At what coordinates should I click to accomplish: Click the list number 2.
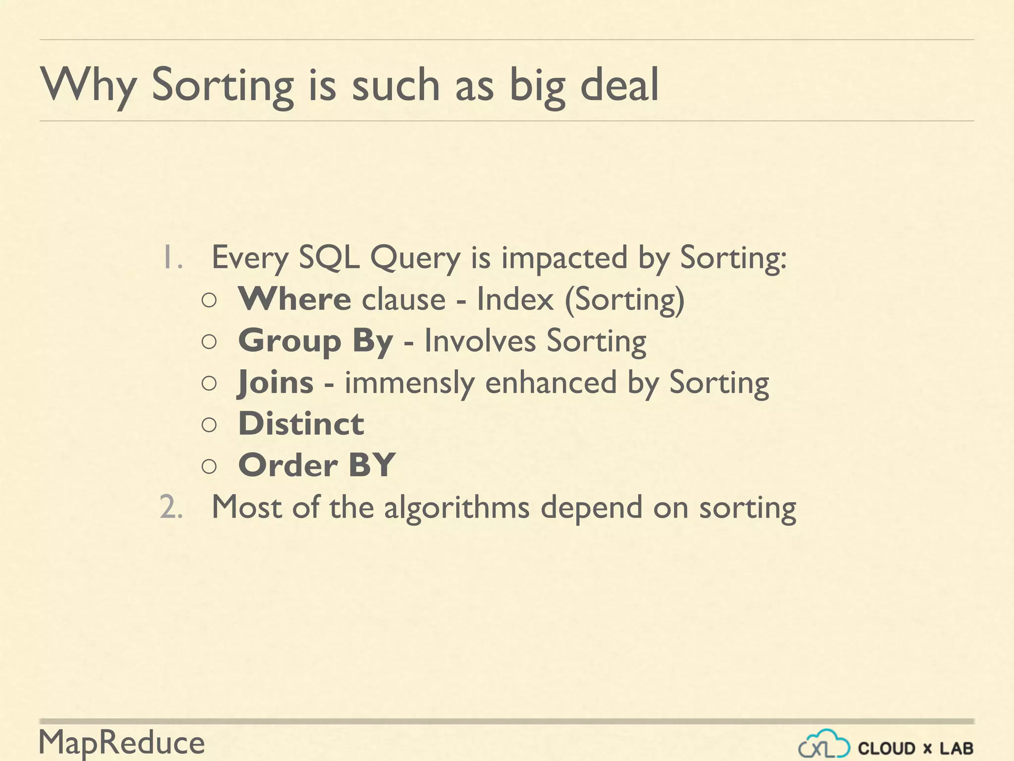(171, 508)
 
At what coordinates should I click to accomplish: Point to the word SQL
(329, 258)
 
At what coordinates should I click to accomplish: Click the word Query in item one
(415, 259)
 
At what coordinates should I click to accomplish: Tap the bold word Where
(295, 299)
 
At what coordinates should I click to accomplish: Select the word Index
(514, 299)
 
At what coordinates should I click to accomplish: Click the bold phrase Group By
(315, 341)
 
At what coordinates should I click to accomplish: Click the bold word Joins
(276, 382)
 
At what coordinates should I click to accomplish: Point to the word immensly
(409, 383)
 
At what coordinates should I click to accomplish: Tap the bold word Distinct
(301, 424)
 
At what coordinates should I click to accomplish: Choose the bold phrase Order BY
(316, 465)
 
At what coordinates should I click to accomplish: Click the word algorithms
(456, 508)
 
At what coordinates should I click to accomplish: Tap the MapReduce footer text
(122, 743)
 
